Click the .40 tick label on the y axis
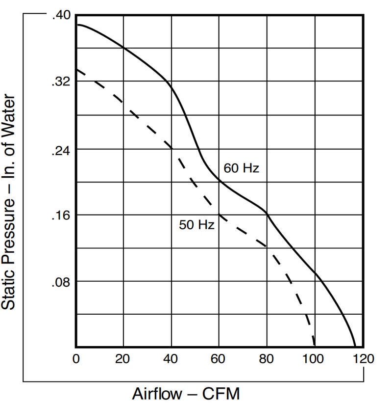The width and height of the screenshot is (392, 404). [61, 15]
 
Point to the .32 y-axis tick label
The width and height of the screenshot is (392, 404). [61, 81]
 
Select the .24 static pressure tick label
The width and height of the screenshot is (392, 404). [61, 151]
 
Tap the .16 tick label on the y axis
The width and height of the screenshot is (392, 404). [61, 215]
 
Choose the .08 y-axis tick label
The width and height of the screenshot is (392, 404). [61, 283]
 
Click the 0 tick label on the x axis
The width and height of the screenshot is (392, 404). [76, 359]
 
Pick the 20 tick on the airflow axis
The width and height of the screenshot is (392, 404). [122, 359]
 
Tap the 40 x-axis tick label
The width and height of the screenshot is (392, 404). [171, 359]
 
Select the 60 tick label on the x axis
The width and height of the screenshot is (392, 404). [218, 359]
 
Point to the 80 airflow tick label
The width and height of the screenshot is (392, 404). [266, 359]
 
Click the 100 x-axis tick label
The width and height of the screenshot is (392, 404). [313, 359]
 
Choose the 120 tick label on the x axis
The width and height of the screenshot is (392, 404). [364, 359]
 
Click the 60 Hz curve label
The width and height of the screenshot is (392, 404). [241, 168]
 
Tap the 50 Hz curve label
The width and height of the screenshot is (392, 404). [197, 225]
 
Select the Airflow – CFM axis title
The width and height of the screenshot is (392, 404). [186, 394]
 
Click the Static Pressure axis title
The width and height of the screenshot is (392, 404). [8, 202]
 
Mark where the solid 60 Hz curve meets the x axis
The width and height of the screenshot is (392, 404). [355, 347]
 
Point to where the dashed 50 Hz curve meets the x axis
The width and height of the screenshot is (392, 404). [314, 347]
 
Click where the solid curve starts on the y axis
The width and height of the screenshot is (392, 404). [76, 25]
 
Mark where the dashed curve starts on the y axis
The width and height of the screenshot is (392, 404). [76, 69]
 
